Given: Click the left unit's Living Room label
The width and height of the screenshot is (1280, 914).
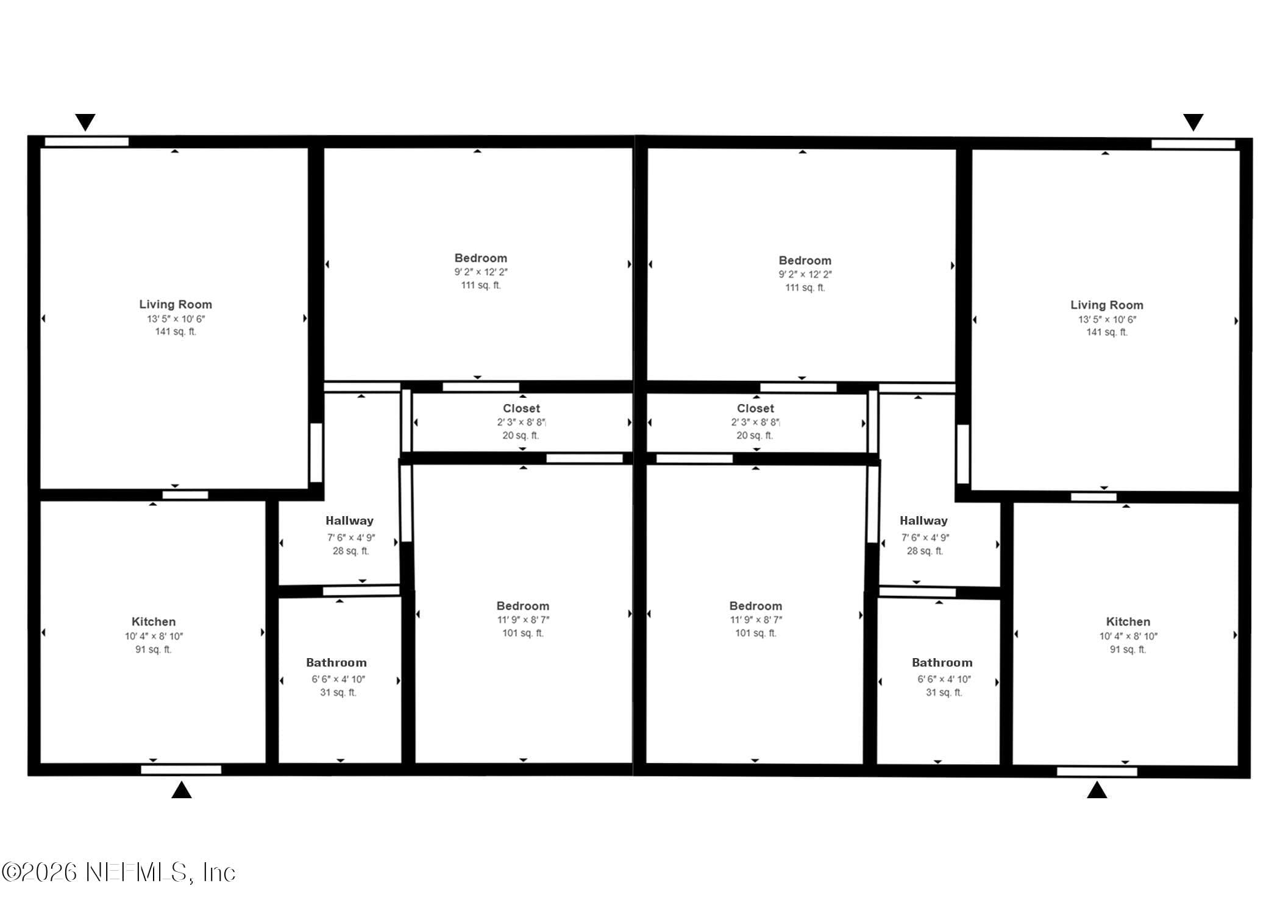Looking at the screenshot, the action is point(176,304).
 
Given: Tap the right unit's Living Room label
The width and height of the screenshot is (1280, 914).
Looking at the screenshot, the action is point(1107,305).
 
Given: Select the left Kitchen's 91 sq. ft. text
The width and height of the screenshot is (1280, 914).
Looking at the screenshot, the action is point(154,650).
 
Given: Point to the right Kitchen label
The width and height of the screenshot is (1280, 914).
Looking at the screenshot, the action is point(1128,622).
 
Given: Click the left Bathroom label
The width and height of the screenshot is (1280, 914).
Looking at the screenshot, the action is point(336,662).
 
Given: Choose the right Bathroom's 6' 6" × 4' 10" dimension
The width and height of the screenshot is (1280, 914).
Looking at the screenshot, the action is point(944,679).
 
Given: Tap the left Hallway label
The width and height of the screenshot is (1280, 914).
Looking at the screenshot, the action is point(349,520).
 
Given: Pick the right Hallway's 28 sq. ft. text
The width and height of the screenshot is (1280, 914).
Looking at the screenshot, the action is point(925,551).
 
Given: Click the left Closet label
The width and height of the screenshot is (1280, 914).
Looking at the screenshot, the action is point(521,408).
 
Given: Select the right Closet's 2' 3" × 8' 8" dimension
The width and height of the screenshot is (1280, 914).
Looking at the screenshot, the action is point(756,422).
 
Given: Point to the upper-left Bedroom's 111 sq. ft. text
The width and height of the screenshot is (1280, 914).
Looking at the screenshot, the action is point(481,285).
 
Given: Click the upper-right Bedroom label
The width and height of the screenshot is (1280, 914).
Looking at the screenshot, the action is point(805,260).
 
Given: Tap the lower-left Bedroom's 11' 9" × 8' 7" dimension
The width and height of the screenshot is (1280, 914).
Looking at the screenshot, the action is point(523,620).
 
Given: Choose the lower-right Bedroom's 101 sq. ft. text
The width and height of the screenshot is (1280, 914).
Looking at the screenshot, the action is point(756,633).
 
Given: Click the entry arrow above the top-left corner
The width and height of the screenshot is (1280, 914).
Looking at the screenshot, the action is point(85,122).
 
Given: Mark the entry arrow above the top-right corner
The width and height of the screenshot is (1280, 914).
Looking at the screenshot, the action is point(1193,122).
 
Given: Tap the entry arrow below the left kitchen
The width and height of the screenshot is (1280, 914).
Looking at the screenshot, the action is point(182,790).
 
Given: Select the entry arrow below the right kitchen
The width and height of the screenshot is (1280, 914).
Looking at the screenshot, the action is point(1097,790).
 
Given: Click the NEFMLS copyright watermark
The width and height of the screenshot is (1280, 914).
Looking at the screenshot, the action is point(118,873).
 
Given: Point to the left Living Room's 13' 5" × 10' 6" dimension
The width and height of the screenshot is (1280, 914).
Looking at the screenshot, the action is point(176,319).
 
